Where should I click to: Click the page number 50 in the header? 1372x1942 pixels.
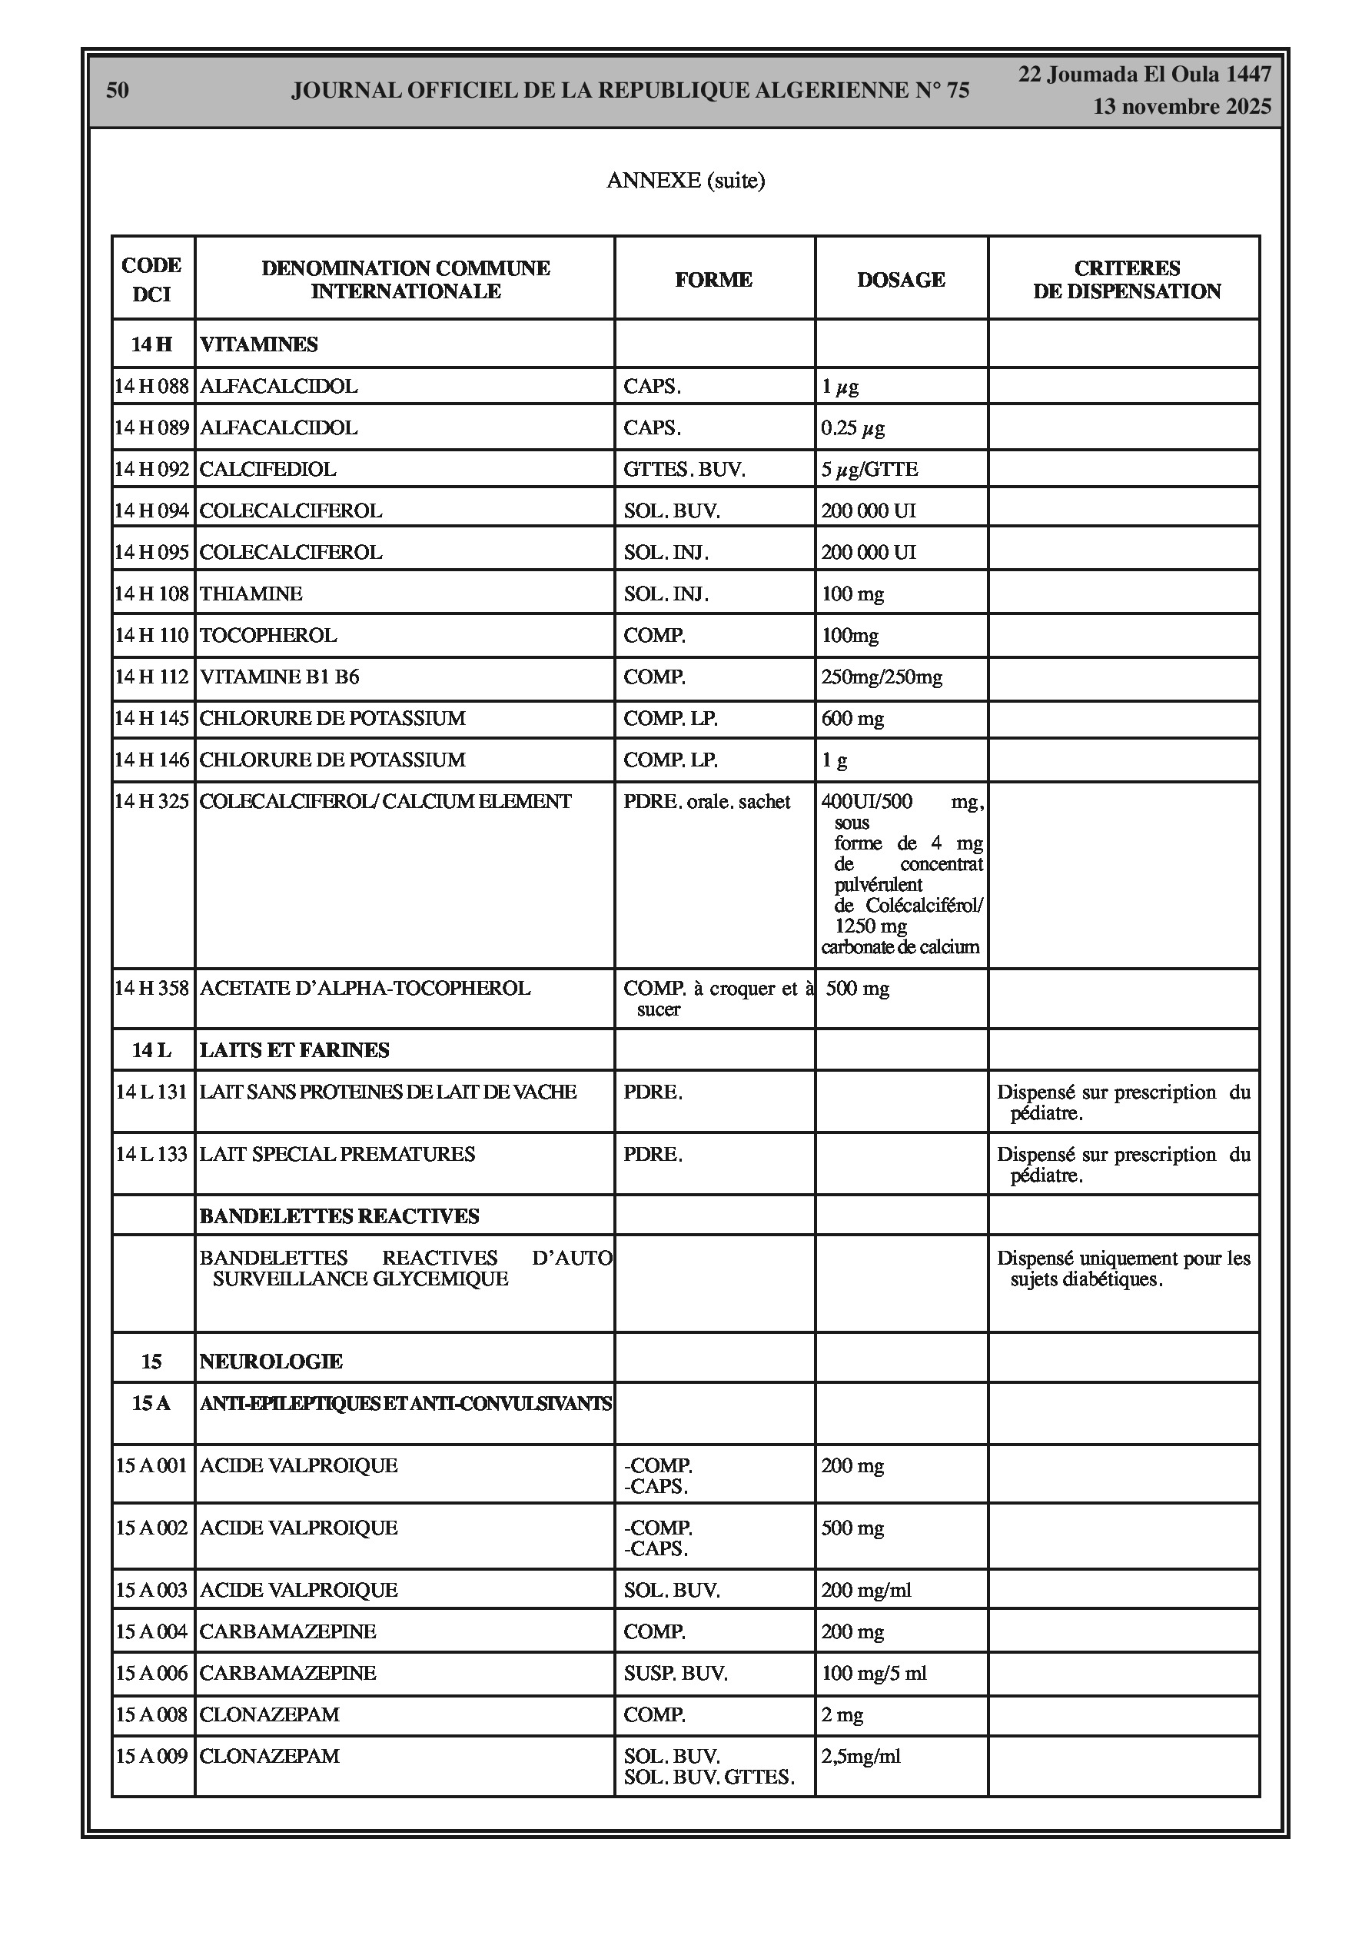(118, 91)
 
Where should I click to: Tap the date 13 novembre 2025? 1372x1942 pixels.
(1181, 107)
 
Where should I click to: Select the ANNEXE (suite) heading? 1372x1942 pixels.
(685, 180)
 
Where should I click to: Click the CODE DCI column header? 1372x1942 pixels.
(151, 279)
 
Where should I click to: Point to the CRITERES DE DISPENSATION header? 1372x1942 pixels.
(1127, 280)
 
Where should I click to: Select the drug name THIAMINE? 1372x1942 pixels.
(251, 594)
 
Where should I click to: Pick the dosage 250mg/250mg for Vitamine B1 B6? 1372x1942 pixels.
(882, 677)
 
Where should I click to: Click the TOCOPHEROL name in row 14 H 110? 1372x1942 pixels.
(268, 635)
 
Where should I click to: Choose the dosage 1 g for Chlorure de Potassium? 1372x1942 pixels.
(834, 760)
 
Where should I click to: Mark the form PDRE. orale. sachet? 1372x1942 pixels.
(706, 801)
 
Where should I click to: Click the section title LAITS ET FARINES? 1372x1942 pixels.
(294, 1049)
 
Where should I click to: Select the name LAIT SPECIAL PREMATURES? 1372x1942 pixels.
(337, 1154)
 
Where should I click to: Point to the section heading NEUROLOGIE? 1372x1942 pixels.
(271, 1361)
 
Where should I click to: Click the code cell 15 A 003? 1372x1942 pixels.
(151, 1589)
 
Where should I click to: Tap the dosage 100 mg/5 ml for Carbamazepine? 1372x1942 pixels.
(874, 1672)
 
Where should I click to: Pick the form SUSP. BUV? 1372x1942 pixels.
(675, 1672)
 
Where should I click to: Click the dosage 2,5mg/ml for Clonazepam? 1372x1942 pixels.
(860, 1755)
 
